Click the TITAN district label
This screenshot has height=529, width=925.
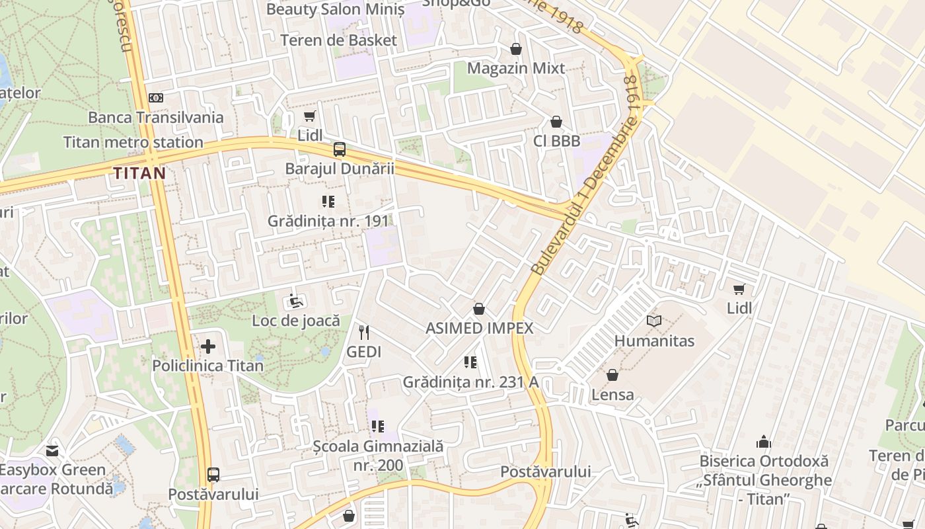tap(139, 173)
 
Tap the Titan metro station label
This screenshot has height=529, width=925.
tap(133, 142)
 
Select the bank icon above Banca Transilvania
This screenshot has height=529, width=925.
tap(156, 98)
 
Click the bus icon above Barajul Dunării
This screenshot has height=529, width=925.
tap(339, 149)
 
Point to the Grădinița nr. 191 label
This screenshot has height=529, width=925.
tap(327, 221)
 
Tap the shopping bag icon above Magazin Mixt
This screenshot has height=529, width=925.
tap(516, 49)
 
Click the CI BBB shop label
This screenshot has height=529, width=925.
tap(556, 141)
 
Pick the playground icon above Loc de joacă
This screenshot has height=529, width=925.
tap(296, 302)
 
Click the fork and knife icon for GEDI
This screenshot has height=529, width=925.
tap(364, 332)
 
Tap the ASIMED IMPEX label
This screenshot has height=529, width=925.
tap(479, 328)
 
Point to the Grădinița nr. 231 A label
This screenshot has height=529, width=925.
tap(470, 382)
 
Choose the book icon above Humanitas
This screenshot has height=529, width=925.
tap(654, 321)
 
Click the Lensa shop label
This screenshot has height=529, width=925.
tap(612, 395)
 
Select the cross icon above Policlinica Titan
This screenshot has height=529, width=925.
tap(208, 346)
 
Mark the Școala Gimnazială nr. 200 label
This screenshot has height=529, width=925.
tap(378, 456)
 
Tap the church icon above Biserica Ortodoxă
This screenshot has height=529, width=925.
tap(764, 442)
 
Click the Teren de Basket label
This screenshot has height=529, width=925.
tap(338, 40)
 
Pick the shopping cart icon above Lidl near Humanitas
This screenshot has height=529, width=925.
tap(739, 289)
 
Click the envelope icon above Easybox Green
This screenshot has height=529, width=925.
tap(52, 451)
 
